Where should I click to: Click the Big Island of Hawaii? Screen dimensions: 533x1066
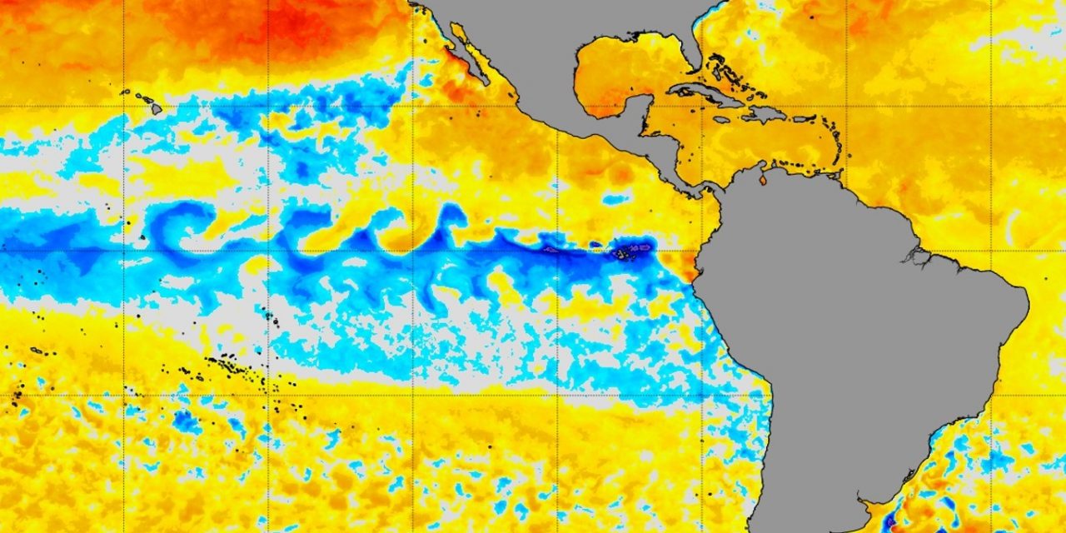pyautogui.click(x=156, y=107)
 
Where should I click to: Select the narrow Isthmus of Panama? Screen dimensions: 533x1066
pyautogui.click(x=700, y=190)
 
